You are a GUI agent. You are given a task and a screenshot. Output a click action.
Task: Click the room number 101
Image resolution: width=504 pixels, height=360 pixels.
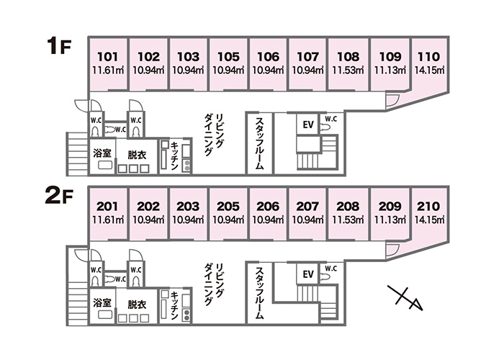tap(108, 57)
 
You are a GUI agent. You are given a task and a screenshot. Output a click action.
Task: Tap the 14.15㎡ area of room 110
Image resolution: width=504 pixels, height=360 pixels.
tap(429, 70)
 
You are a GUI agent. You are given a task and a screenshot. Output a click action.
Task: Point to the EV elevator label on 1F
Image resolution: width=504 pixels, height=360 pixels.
tap(308, 125)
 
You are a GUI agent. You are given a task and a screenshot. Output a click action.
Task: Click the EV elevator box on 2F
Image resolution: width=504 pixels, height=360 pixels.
tap(308, 274)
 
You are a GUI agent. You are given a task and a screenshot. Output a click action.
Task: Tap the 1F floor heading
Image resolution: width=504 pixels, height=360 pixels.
tap(59, 45)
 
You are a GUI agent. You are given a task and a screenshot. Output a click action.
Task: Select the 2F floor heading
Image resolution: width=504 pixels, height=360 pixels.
tap(59, 197)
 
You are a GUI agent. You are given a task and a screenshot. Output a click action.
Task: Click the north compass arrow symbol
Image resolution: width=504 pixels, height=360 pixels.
tap(405, 297)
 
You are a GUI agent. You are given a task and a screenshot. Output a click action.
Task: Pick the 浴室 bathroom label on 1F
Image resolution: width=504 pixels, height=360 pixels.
tap(102, 153)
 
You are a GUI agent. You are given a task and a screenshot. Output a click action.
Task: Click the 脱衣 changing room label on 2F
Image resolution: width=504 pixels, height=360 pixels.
tap(137, 304)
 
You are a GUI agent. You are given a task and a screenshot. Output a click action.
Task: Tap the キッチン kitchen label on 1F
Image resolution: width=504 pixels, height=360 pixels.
tap(174, 156)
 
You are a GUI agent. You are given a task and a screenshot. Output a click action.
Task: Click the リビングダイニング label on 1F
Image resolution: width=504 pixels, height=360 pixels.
tap(214, 135)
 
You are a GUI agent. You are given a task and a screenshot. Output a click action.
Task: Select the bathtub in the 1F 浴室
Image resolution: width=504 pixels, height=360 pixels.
tap(105, 165)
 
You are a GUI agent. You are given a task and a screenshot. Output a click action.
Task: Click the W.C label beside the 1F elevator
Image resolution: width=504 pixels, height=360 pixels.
tap(330, 119)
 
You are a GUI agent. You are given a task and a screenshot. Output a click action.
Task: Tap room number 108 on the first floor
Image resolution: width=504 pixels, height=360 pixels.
tap(348, 57)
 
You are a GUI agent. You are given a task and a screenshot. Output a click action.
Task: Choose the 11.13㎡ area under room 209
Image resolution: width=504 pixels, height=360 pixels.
tap(390, 220)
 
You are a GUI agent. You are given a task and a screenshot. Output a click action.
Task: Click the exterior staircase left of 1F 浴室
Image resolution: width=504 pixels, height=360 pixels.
tap(77, 153)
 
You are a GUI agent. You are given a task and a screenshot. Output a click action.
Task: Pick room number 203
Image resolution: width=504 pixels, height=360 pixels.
tap(189, 207)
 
